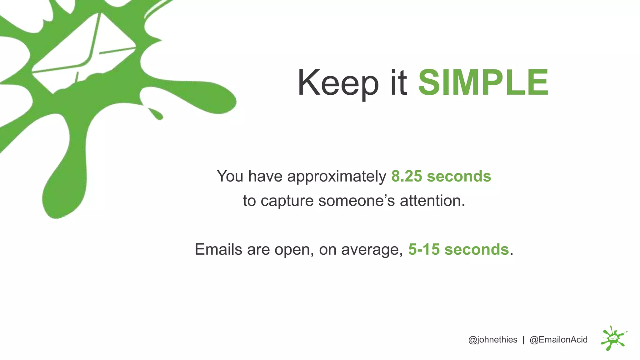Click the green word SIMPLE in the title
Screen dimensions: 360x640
click(483, 82)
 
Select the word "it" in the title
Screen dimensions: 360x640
click(399, 82)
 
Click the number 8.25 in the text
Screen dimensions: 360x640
click(407, 176)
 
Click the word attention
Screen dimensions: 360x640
click(432, 201)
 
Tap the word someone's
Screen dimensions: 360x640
click(357, 201)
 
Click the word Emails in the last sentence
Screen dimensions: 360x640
click(218, 249)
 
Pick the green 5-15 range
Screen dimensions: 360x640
click(424, 249)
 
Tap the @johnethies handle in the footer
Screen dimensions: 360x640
click(492, 340)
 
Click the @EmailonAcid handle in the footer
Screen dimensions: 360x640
click(558, 340)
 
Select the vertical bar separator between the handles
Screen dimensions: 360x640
click(523, 340)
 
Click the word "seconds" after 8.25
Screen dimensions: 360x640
click(459, 176)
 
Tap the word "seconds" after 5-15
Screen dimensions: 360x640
click(477, 249)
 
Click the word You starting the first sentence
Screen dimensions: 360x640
click(230, 176)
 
